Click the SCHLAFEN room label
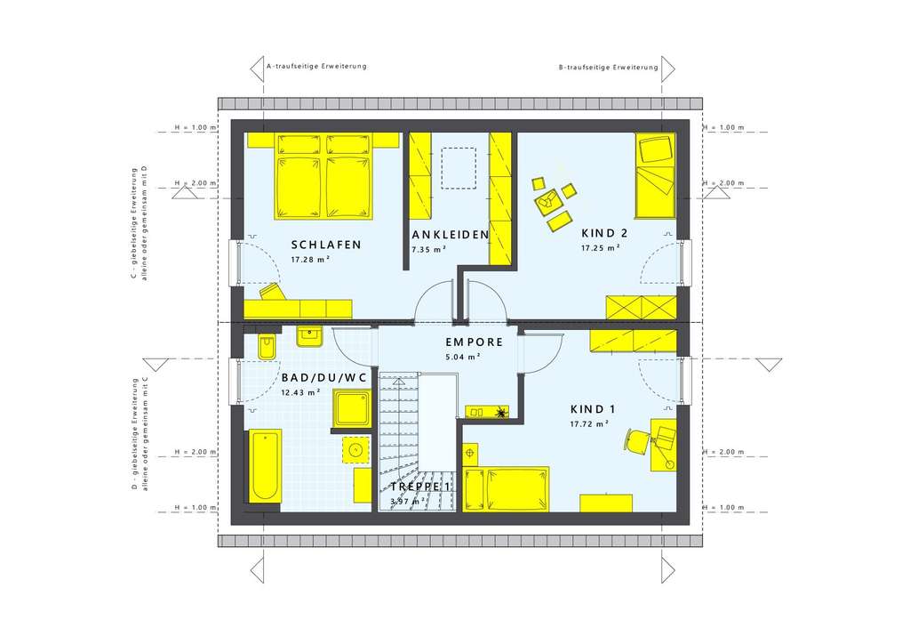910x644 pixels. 325,245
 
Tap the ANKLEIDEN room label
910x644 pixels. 451,235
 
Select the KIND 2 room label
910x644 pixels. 604,234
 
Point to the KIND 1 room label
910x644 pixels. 594,409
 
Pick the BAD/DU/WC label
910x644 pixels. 323,377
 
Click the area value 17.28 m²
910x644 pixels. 310,260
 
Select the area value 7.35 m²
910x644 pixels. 428,250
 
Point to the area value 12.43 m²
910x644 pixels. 302,392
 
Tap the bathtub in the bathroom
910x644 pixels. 265,465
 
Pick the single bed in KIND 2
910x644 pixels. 654,175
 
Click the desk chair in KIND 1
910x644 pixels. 638,439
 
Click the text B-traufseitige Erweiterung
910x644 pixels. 608,67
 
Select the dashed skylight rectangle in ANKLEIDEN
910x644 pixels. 459,168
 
